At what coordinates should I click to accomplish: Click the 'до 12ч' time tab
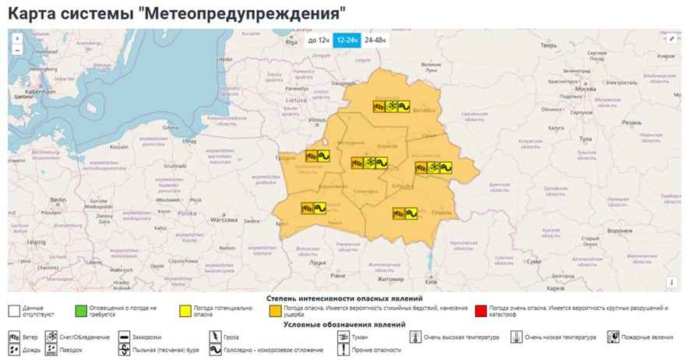[318, 40]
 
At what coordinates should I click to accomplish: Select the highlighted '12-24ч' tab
[347, 40]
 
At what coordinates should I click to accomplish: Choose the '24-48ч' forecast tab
[375, 40]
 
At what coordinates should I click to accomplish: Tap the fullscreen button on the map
[671, 37]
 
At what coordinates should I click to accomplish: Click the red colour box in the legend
[483, 312]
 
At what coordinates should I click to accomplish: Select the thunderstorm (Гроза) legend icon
[216, 337]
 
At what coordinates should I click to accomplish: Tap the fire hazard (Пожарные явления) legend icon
[615, 337]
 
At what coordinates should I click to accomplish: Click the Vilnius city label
[317, 120]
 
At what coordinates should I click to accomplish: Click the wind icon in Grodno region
[311, 155]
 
